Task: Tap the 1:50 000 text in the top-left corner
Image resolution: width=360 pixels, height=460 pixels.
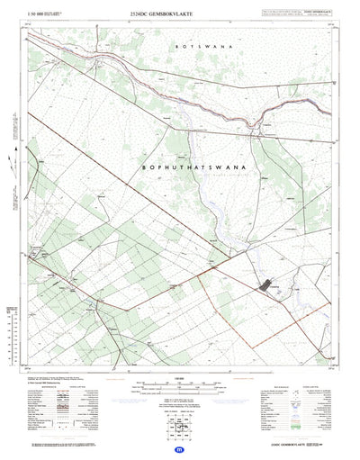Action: [35, 14]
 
